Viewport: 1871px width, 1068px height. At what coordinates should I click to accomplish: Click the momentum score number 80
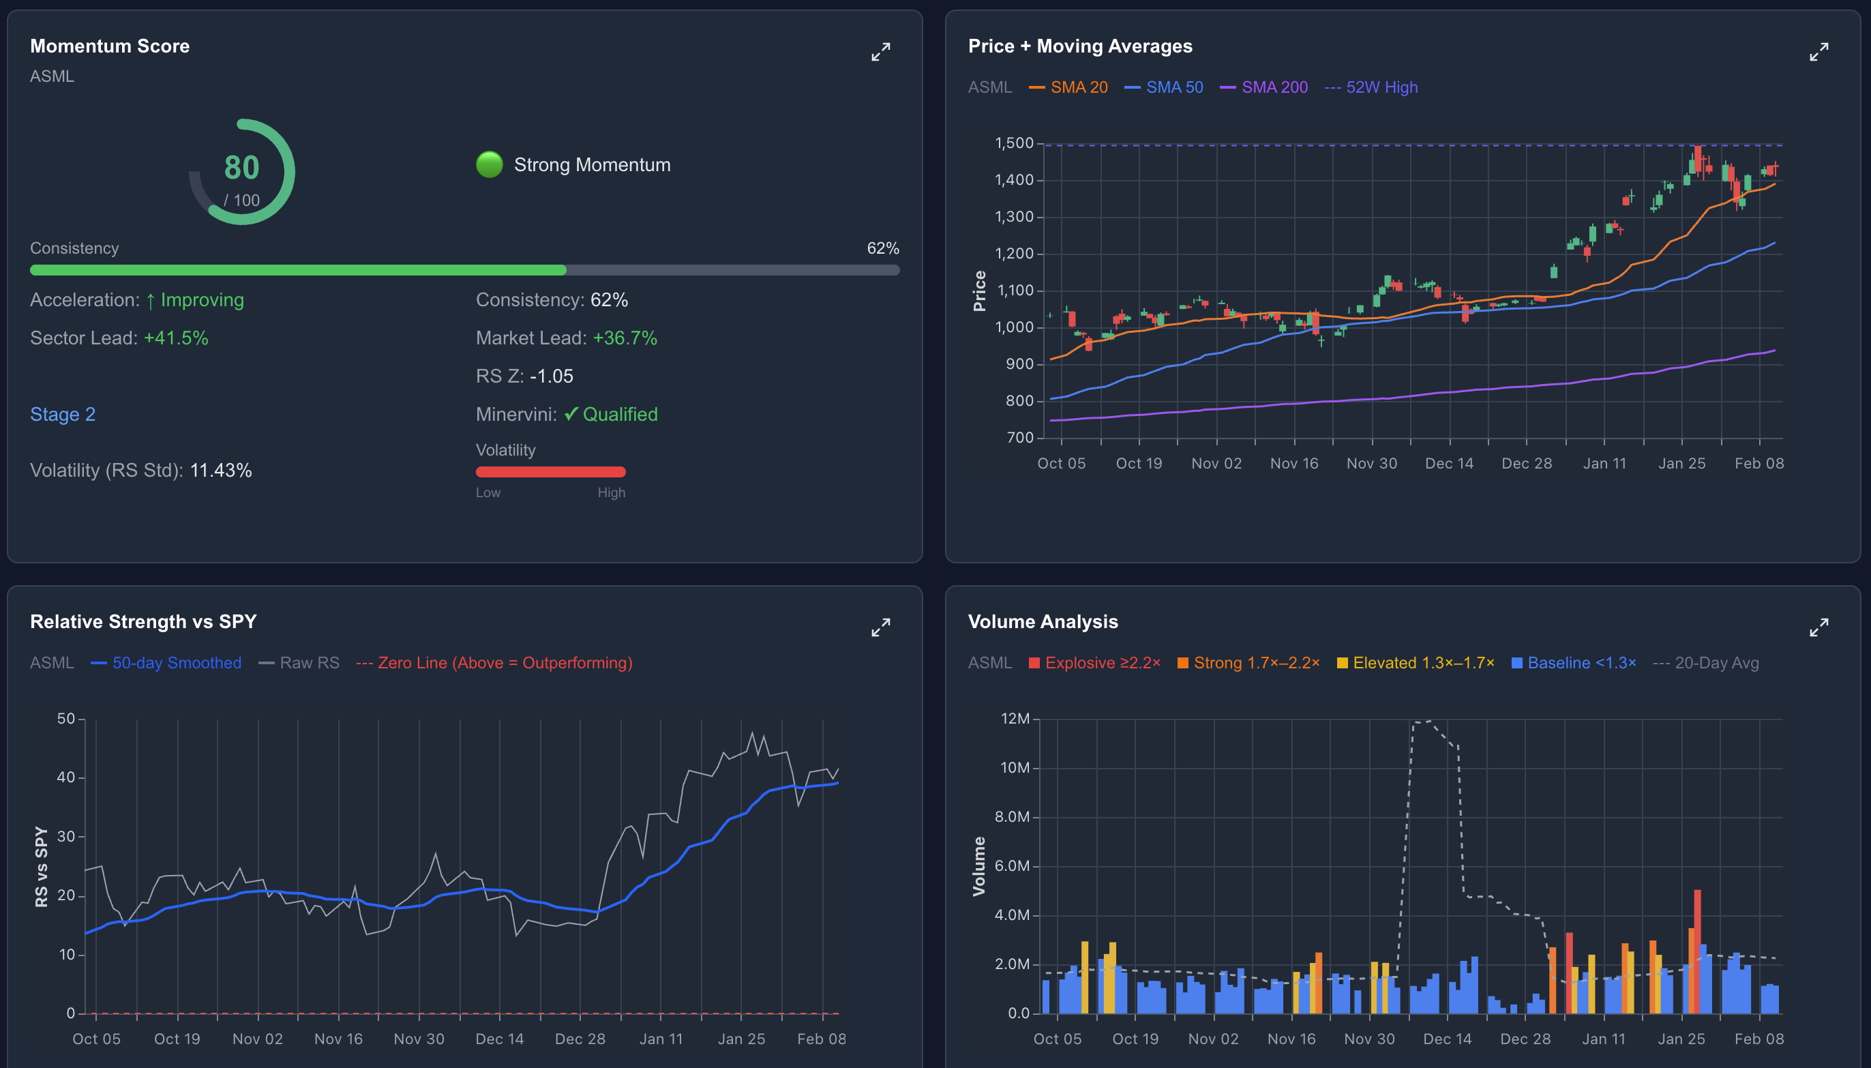pos(241,168)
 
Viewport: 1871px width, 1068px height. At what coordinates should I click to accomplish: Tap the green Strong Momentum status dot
pos(489,164)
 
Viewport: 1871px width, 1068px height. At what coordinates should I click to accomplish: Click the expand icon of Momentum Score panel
pos(880,52)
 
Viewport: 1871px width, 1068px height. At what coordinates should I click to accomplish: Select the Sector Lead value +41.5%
pos(176,338)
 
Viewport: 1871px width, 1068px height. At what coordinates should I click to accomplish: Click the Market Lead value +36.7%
pos(625,338)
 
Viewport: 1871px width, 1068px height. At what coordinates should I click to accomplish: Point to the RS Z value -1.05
pos(551,376)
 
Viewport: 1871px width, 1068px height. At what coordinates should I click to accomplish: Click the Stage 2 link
pos(62,415)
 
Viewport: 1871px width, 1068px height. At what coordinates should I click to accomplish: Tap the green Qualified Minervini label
pos(620,415)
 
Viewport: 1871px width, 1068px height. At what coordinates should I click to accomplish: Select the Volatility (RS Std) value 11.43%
pos(221,470)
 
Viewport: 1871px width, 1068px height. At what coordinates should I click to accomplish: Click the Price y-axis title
pos(978,291)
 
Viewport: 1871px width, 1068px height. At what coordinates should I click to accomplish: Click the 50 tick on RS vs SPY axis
pos(66,719)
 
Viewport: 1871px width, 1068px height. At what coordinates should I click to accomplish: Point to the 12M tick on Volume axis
pos(1015,719)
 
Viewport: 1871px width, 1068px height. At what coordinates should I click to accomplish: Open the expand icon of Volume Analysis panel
pos(1818,628)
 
